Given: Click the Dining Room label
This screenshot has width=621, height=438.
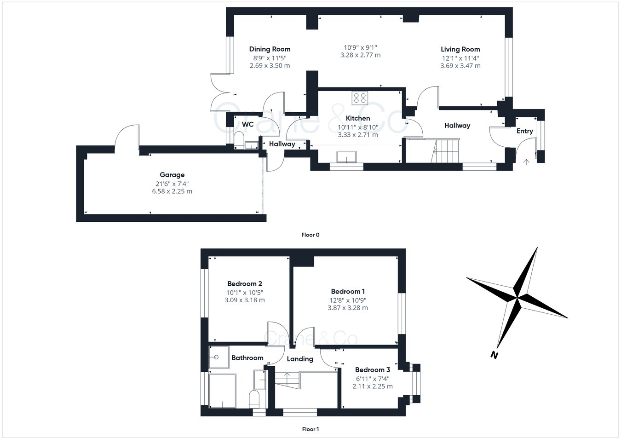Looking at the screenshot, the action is [x=270, y=49].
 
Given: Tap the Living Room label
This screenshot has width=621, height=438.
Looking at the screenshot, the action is [x=460, y=49].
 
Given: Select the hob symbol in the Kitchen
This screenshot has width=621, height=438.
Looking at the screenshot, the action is [x=360, y=98].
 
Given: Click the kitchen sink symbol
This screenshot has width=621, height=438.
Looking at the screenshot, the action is [x=346, y=157].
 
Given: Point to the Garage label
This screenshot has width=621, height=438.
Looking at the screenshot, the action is [x=172, y=175].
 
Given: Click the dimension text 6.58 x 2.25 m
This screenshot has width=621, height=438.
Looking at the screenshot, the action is [x=172, y=191].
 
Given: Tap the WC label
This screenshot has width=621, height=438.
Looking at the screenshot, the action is [x=247, y=125].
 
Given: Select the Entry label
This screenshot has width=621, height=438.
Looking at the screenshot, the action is [x=525, y=131].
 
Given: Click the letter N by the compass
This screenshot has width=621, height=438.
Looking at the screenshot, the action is [x=494, y=355].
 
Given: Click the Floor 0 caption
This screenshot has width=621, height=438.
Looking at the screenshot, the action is [x=310, y=235].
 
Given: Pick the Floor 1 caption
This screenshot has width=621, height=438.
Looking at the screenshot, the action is [x=310, y=429].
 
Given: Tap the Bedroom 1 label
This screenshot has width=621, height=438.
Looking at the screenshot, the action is [x=348, y=291].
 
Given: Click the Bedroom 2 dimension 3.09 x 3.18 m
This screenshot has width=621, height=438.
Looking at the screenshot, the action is [x=245, y=300].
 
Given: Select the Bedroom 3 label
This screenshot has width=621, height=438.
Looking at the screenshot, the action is [x=373, y=370].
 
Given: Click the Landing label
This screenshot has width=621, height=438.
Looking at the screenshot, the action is [x=300, y=359].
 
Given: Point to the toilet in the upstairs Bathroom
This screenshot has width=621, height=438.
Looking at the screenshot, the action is [x=254, y=399].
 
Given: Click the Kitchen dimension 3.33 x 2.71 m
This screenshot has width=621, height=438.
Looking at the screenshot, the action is [x=358, y=135].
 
